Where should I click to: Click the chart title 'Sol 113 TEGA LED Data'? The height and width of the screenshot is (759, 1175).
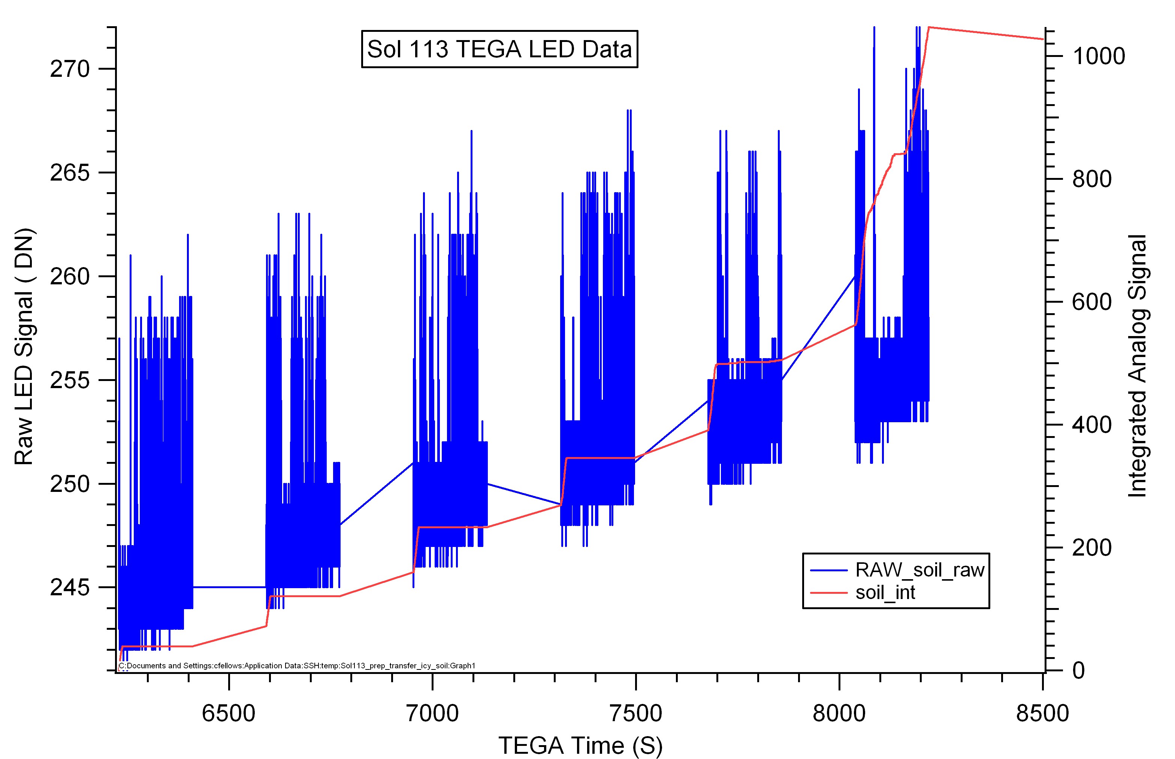(499, 49)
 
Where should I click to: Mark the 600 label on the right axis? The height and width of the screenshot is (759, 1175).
(1092, 302)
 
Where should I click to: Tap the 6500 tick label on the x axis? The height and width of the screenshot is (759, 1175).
(229, 713)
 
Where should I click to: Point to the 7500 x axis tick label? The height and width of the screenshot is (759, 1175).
(636, 713)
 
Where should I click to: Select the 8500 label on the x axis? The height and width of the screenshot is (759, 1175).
(1042, 713)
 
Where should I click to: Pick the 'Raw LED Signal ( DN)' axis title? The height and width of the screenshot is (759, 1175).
(23, 347)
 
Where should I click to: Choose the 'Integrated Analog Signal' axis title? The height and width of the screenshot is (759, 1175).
(1138, 366)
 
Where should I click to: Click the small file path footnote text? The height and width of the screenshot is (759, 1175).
(297, 666)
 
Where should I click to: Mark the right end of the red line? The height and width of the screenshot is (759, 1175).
(1043, 39)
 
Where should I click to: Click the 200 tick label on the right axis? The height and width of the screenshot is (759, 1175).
(1092, 548)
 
